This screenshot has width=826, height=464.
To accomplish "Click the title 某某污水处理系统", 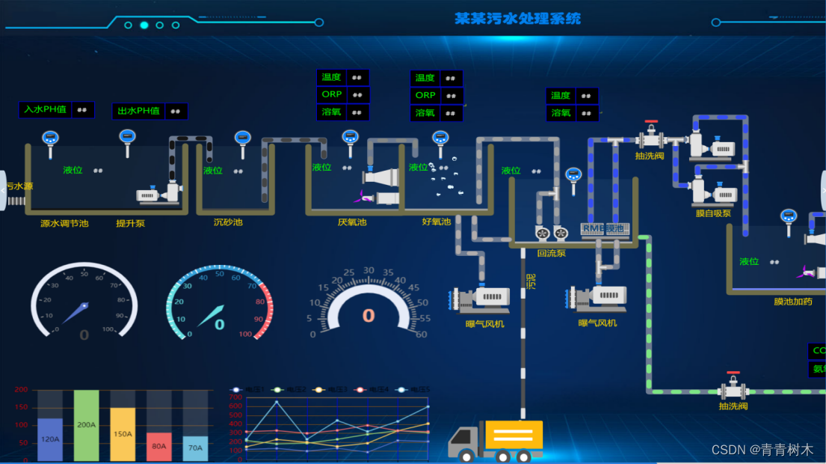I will pos(517,19).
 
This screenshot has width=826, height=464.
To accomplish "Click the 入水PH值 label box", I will pos(46,109).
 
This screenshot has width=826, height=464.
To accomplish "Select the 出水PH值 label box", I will pos(139,111).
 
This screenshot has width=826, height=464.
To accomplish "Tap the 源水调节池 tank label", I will pos(64,223).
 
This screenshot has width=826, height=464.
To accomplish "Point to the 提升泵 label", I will pos(130,223).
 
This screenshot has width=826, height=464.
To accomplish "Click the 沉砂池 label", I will pos(228,222).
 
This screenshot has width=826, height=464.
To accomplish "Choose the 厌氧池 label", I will pos(352,222).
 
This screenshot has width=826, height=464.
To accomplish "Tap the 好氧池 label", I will pos(437,222).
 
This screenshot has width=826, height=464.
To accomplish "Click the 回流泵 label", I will pos(551,253).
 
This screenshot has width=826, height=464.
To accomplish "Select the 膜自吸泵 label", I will pos(713,213).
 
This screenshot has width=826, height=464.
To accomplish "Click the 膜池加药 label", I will pos(793,302).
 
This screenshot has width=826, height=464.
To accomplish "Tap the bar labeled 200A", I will pos(86,424).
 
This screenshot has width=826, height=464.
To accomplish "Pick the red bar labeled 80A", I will pos(158,446).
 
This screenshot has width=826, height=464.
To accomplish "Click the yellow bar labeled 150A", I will pos(123,434).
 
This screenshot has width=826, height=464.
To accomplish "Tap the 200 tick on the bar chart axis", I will pos(21,390).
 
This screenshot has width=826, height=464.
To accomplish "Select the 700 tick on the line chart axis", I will pos(235,397).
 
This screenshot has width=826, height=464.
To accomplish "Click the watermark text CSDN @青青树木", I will pos(762,450).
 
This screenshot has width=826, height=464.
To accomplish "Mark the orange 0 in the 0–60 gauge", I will pos(368,315).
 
